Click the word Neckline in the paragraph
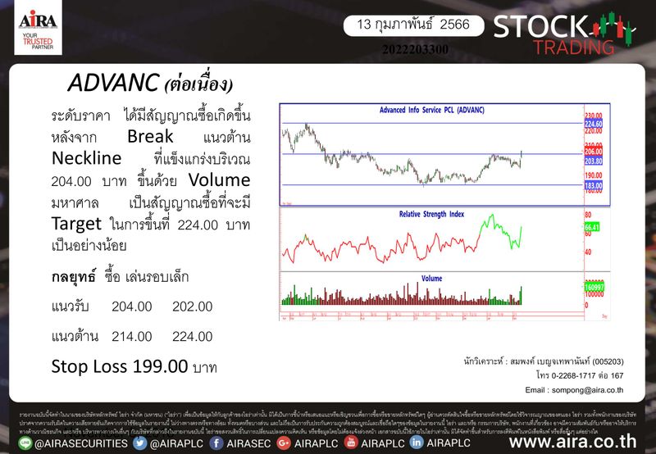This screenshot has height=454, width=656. [86, 157]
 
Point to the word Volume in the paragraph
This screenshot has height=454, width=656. [220, 179]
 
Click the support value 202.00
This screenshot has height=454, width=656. [193, 306]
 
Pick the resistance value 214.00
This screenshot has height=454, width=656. [132, 336]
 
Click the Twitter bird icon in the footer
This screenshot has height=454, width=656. [140, 443]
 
